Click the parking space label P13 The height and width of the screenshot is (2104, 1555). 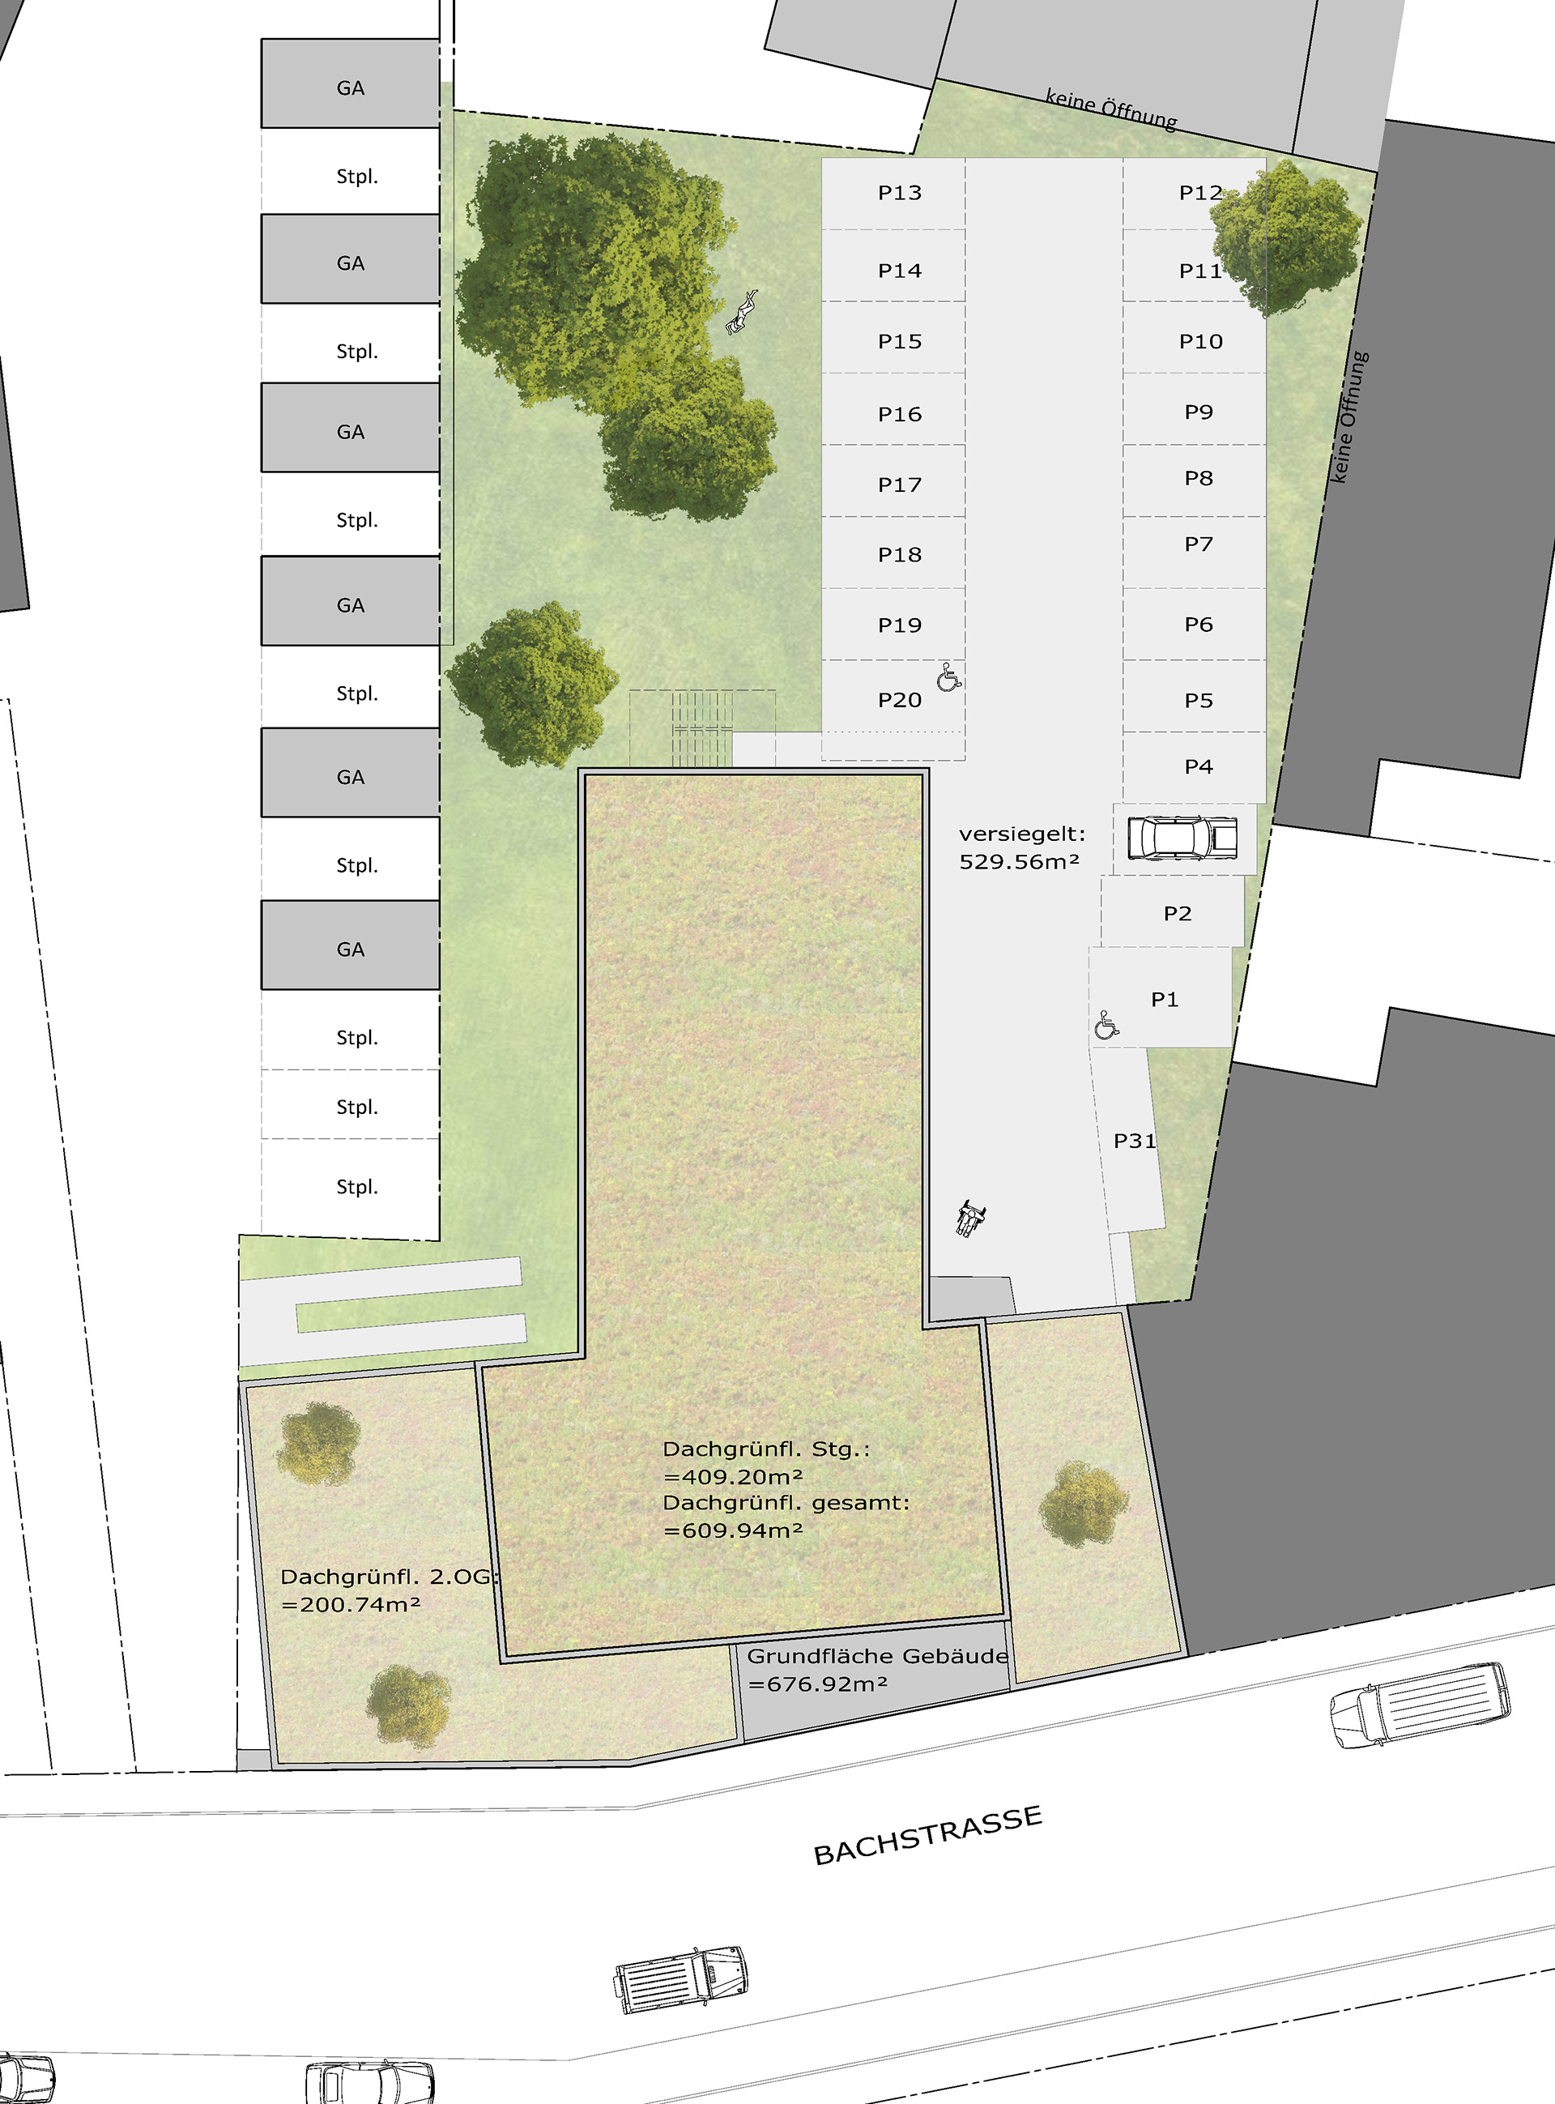tap(899, 193)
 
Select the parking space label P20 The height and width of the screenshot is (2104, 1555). tap(899, 701)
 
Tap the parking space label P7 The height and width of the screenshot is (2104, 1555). tap(1199, 544)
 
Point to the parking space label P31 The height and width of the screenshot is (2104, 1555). tap(1134, 1141)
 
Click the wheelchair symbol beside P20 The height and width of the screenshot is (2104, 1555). tap(949, 676)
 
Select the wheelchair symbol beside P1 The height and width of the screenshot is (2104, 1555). tap(1107, 1025)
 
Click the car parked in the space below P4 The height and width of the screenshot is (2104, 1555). tap(1182, 837)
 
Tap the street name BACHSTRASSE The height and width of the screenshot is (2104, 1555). tap(927, 1835)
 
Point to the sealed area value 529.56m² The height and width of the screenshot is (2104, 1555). tap(1019, 861)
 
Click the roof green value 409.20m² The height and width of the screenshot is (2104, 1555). tap(733, 1477)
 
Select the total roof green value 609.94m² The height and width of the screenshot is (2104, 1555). tap(733, 1530)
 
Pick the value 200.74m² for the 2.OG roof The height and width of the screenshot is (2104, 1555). tap(350, 1604)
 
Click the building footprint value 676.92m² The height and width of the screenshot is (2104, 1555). tap(817, 1684)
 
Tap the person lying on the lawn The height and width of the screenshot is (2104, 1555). tap(742, 313)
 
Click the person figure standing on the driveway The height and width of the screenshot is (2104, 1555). tap(969, 1218)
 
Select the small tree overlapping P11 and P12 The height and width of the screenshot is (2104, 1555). tap(1287, 237)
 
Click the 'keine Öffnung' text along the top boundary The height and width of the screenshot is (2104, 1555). tap(1110, 109)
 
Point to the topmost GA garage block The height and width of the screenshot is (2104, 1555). tap(350, 83)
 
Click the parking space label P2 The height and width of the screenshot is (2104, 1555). tap(1177, 913)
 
